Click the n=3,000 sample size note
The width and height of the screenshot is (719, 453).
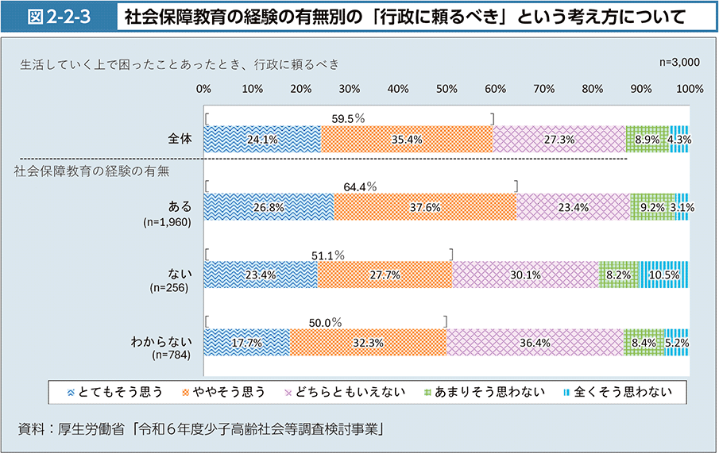[679, 62]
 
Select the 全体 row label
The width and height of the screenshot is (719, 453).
[180, 139]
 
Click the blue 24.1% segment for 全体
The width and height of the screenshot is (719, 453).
[262, 139]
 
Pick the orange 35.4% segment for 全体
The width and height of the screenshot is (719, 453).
[407, 139]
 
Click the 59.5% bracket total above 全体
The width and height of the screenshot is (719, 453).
[348, 118]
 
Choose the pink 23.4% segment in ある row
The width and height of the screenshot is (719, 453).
[573, 207]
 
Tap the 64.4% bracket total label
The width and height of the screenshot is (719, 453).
[360, 186]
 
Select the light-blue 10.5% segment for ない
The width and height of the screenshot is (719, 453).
[663, 274]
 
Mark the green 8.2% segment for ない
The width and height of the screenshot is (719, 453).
[618, 274]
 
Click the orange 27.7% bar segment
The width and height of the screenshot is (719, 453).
[385, 274]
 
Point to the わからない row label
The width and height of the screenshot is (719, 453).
[162, 343]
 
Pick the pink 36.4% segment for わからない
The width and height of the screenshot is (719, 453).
[535, 343]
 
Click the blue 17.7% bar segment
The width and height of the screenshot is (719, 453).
[246, 343]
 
